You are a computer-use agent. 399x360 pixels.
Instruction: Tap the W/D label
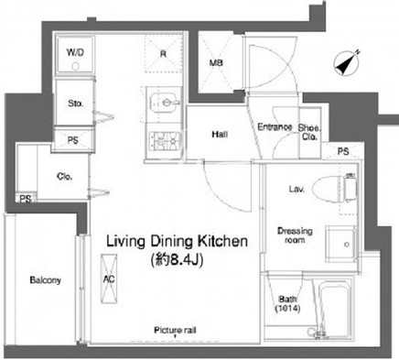point(75,52)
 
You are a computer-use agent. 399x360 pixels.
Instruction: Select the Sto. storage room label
point(75,104)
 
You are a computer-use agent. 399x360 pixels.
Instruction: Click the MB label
point(216,63)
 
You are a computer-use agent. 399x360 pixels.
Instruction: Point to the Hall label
point(220,134)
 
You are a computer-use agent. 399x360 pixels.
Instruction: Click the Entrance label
point(275,126)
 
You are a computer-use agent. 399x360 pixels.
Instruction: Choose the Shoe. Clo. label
point(309,133)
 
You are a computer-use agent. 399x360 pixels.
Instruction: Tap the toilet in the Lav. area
point(334,189)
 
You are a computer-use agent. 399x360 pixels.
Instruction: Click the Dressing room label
point(295,235)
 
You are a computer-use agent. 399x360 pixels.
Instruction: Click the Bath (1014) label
point(287,304)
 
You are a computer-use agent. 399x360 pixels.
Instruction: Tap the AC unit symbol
point(109,279)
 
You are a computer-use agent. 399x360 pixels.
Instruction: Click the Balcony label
point(46,280)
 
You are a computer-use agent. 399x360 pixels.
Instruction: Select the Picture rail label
point(175,330)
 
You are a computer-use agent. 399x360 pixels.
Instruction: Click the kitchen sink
point(164,103)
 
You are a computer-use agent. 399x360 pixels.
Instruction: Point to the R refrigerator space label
point(164,54)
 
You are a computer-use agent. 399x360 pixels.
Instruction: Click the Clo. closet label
point(64,176)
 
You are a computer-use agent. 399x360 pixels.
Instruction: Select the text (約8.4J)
point(177,260)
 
